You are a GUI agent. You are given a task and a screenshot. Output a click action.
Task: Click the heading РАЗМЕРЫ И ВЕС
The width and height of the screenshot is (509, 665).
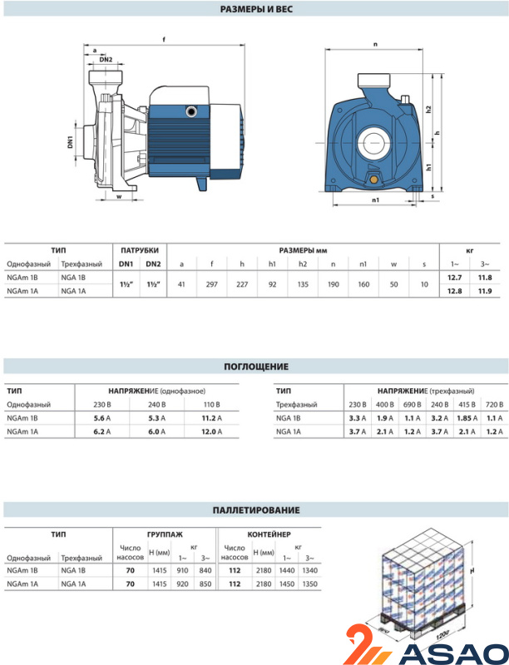click(255, 9)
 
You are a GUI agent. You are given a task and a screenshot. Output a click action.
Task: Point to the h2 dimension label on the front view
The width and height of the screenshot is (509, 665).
click(426, 110)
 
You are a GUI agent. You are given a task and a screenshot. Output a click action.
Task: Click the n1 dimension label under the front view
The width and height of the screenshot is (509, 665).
click(375, 200)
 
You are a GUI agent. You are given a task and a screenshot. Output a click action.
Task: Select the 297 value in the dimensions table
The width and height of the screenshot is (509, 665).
click(211, 283)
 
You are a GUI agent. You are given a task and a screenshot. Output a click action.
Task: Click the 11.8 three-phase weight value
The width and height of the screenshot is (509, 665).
click(486, 277)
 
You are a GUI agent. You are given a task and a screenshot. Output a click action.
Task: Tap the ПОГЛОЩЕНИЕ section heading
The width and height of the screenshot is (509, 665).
click(255, 367)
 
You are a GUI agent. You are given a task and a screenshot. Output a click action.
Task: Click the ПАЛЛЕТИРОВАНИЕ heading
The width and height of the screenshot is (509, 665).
click(255, 510)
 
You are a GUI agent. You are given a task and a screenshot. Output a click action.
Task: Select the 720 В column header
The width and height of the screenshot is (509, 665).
click(492, 404)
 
